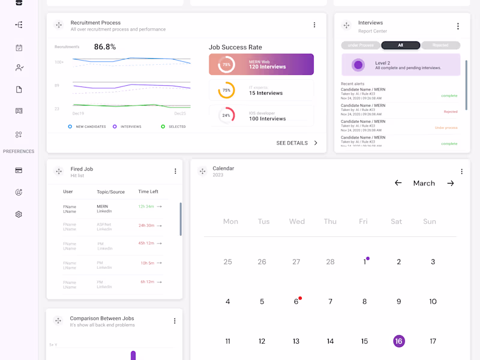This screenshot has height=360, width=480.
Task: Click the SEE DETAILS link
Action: [297, 143]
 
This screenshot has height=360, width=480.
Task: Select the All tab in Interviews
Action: [400, 45]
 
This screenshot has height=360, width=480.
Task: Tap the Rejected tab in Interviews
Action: [440, 45]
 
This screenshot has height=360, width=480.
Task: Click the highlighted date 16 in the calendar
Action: [398, 341]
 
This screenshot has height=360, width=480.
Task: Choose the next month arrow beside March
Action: [451, 183]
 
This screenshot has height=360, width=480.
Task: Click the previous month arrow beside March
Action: [398, 183]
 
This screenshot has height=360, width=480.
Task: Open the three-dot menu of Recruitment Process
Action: [314, 25]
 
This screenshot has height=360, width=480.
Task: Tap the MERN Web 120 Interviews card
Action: [261, 64]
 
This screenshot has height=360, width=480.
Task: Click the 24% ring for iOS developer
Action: [226, 115]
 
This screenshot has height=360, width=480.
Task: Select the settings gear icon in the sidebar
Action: [19, 214]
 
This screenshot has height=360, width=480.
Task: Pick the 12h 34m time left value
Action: [146, 206]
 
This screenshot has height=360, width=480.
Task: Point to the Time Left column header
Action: [148, 192]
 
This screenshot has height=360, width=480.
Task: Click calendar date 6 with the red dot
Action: [296, 301]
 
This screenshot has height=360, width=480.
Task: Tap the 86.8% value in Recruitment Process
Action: [105, 47]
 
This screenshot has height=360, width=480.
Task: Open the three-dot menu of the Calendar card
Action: [461, 172]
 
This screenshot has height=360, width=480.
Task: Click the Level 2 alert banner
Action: [400, 65]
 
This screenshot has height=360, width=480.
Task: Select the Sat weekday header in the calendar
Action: [396, 221]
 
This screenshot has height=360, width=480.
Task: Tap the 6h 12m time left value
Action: [148, 282]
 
